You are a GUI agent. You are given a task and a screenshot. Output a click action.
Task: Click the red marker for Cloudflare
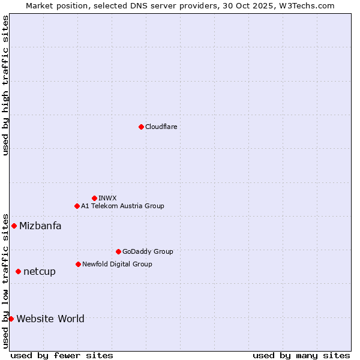(141, 127)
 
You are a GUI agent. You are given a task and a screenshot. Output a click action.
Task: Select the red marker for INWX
(94, 198)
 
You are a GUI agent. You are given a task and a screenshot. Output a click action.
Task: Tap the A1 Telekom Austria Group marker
(77, 206)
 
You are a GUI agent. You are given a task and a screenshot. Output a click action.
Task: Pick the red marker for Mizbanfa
(14, 226)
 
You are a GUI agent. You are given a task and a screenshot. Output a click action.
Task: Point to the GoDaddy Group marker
(118, 251)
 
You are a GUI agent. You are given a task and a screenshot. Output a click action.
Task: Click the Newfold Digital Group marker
(78, 264)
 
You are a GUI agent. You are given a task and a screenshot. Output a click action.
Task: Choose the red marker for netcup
(18, 271)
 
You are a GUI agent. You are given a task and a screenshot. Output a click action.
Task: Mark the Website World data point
(11, 319)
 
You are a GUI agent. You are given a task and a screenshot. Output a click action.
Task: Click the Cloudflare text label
(161, 127)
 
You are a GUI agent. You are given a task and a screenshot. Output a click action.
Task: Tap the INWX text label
(107, 198)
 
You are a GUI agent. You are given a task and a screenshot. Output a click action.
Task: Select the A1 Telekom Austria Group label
(122, 206)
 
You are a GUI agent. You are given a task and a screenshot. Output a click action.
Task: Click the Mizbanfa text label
(40, 226)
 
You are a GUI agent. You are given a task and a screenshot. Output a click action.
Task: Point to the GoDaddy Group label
(148, 251)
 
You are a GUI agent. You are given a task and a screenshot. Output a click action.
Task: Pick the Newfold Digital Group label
(117, 264)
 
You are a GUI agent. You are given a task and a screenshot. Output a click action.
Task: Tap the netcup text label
(40, 271)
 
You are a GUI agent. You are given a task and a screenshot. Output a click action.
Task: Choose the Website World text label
(50, 319)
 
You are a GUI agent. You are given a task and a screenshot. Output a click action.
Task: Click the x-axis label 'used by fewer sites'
(62, 355)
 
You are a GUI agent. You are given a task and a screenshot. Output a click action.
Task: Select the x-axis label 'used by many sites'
(301, 355)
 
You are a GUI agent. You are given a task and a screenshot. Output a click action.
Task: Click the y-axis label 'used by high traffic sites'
(5, 85)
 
